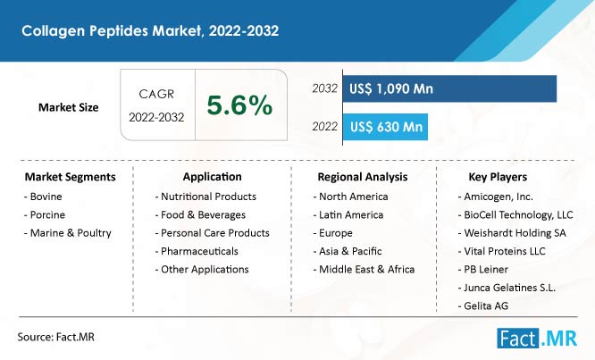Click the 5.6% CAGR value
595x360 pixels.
click(239, 105)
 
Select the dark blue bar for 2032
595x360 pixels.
click(449, 88)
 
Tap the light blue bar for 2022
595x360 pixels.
click(385, 127)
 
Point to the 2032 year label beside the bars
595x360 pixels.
click(325, 88)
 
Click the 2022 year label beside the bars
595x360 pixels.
click(325, 126)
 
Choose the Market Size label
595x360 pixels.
click(68, 107)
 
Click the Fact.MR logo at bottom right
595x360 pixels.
click(537, 339)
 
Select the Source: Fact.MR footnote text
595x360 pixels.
click(55, 337)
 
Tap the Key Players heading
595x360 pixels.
click(498, 177)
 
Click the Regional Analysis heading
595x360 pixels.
click(363, 177)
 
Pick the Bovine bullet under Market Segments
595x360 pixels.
click(43, 197)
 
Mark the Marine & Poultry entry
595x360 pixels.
click(68, 233)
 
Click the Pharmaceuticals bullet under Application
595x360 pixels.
click(197, 251)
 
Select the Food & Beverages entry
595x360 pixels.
click(200, 214)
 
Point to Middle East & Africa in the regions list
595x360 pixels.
click(364, 270)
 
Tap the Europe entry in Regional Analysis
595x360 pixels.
click(333, 233)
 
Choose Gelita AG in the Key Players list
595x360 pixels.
click(483, 306)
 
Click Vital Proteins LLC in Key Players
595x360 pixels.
click(502, 251)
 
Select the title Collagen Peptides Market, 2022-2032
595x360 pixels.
click(150, 30)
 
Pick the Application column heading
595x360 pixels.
click(212, 177)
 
